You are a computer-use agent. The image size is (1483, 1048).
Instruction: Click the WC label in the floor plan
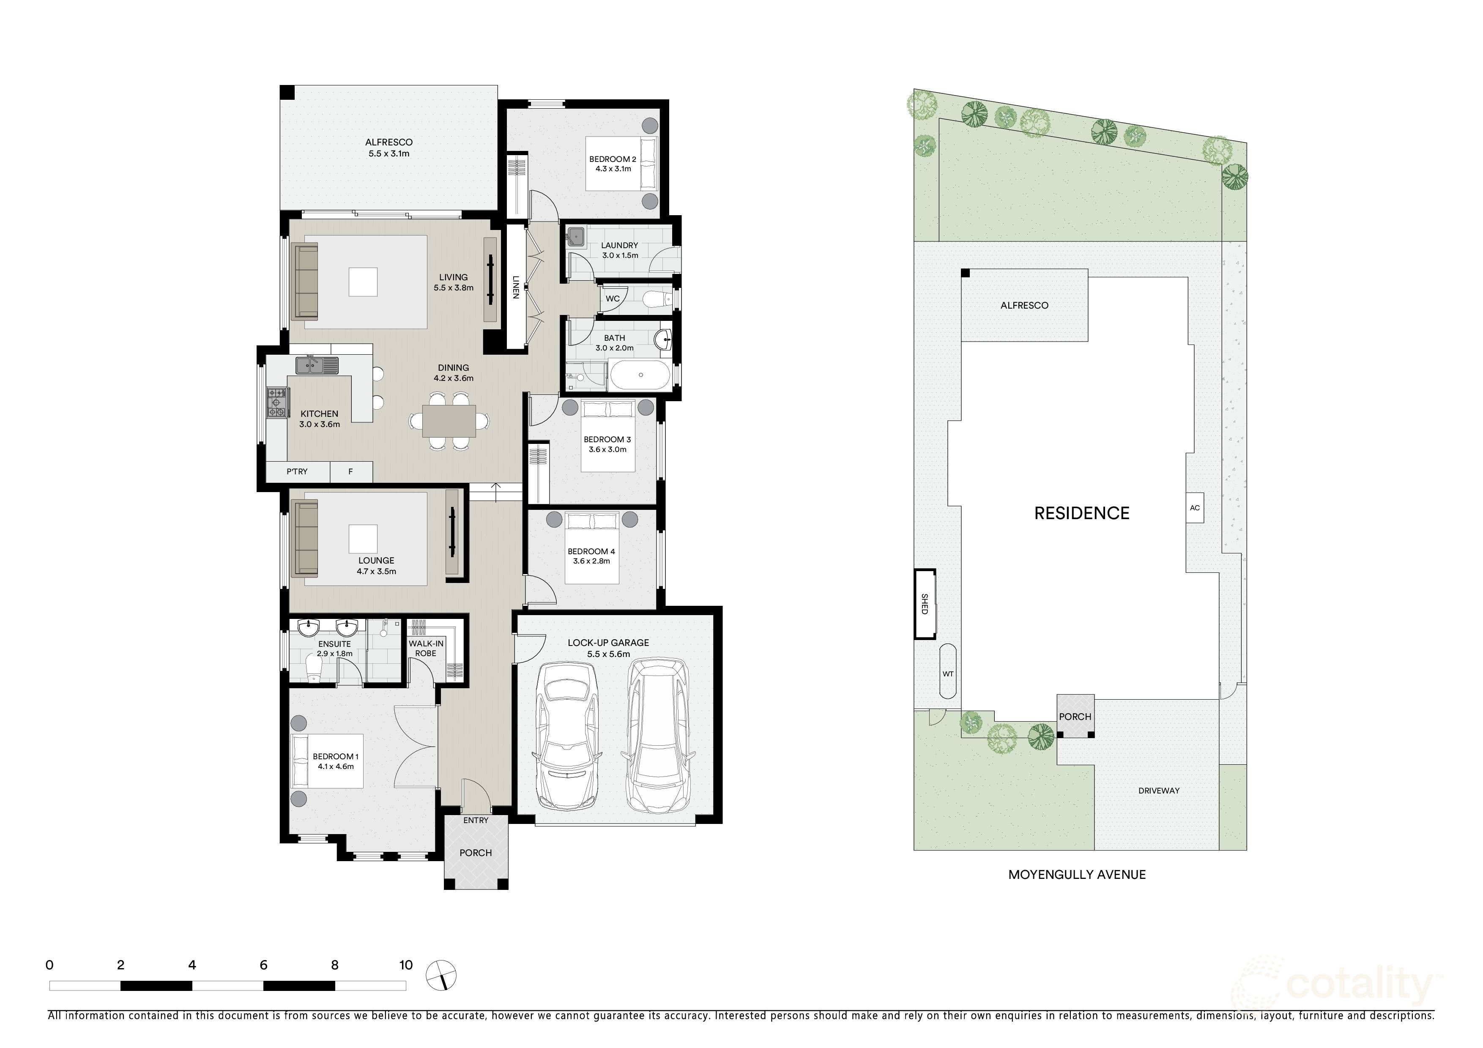(612, 298)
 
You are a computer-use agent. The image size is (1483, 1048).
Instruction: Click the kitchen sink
(317, 366)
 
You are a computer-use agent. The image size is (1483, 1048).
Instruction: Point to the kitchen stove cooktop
(277, 402)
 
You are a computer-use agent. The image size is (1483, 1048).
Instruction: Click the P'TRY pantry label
(297, 471)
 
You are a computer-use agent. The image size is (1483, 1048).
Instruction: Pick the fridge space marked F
(351, 471)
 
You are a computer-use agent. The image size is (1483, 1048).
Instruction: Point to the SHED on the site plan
(924, 604)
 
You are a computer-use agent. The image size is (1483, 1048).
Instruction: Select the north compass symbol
(441, 975)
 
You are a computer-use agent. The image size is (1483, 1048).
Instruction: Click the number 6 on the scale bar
(263, 965)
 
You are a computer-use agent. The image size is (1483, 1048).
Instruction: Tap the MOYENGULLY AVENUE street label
(1077, 875)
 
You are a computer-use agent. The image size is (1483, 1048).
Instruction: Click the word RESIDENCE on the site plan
(1082, 513)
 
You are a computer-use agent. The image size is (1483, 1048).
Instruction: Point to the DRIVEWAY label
(1159, 791)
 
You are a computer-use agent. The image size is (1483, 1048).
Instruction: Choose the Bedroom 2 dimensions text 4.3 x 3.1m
(613, 169)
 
